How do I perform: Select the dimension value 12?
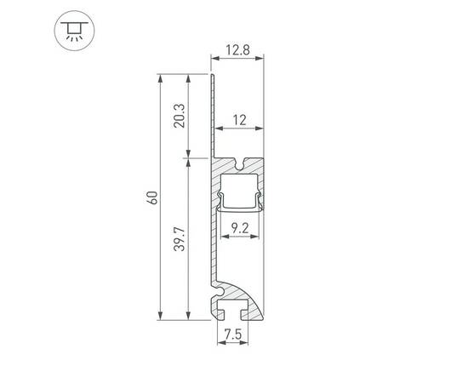238,121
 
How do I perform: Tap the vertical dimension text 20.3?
178,116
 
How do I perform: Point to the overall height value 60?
151,197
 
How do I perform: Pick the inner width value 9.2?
240,227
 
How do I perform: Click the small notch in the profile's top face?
243,162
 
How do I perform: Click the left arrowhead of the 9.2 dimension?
224,237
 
